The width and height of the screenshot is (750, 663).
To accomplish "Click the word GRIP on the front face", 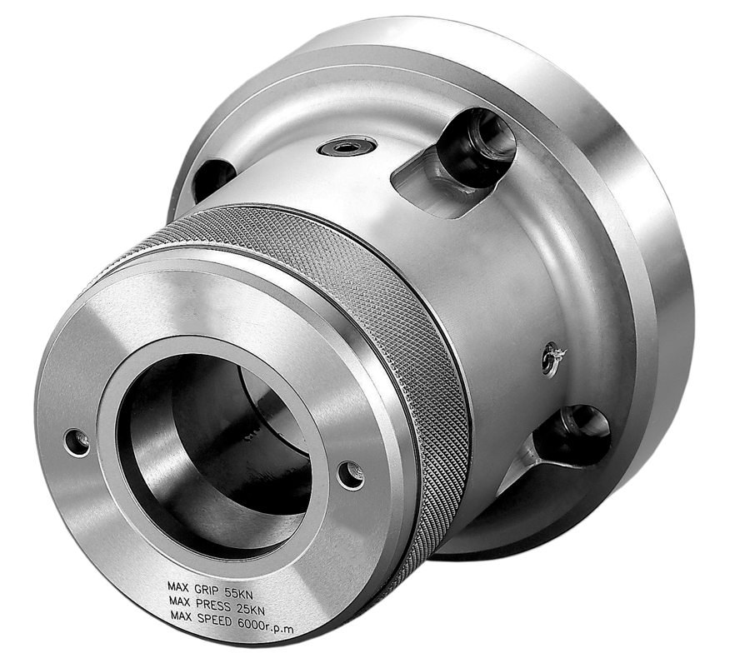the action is click(207, 588).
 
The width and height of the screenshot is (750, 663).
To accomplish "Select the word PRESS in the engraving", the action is click(213, 603).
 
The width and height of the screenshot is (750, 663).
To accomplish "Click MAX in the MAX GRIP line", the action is click(177, 586).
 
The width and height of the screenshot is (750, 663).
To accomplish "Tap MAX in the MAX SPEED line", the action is click(182, 614).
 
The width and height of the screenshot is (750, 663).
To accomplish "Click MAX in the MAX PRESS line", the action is click(179, 600).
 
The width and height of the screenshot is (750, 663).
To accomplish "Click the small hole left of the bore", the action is click(77, 442).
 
